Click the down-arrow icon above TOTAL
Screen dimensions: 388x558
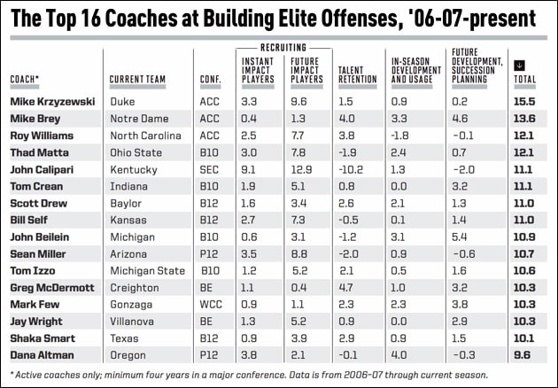pos(519,65)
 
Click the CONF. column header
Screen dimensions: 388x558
pos(209,79)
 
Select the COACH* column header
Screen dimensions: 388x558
pos(27,79)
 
